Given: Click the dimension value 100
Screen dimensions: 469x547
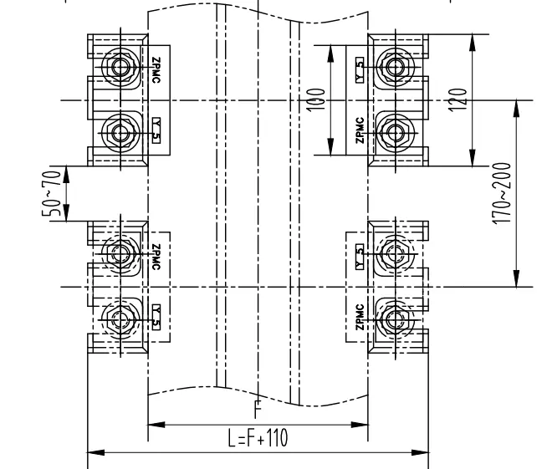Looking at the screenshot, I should coord(315,99).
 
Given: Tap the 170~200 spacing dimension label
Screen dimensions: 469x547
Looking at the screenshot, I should coord(502,193).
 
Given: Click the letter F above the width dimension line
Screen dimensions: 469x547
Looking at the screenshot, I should coord(258,411).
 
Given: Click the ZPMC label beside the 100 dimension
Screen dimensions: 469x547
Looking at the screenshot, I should coord(359,130).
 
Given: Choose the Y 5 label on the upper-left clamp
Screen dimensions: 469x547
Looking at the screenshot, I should coord(156,130).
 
